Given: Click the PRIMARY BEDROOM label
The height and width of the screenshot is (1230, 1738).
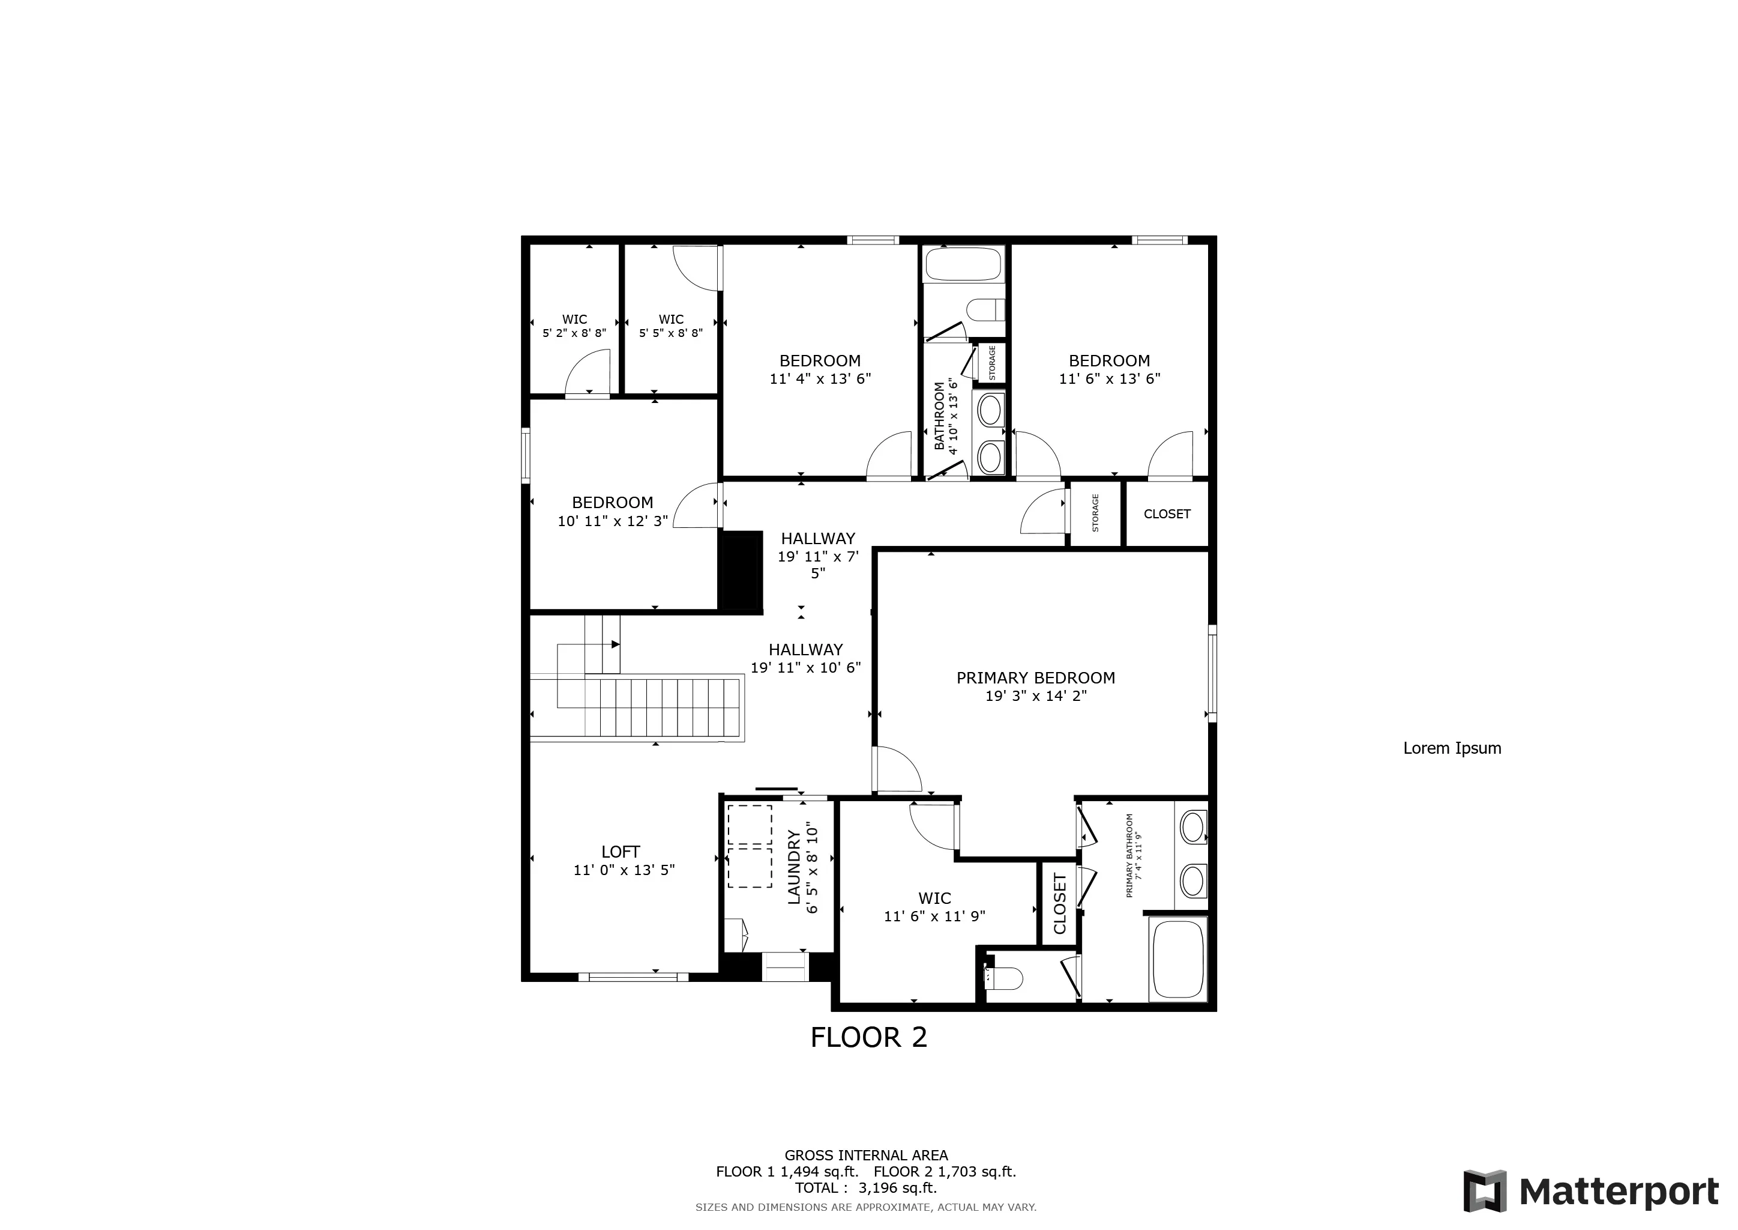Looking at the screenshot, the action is coord(1035,678).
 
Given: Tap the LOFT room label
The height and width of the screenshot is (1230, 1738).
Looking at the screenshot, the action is coord(621,852).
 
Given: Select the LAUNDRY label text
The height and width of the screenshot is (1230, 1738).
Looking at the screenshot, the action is coord(794,867).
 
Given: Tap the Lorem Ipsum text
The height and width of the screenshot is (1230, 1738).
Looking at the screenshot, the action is coord(1452,748).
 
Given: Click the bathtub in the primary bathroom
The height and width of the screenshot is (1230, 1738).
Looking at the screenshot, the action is coord(1177,959).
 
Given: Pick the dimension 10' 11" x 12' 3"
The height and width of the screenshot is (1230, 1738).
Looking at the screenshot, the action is coord(612,521).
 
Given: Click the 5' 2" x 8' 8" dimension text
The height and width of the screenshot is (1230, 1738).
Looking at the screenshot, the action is coord(574,333).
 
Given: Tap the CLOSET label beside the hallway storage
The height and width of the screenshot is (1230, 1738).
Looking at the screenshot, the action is coord(1167,514).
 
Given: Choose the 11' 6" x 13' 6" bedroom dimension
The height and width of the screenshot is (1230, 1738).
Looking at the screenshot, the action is coord(1110,379).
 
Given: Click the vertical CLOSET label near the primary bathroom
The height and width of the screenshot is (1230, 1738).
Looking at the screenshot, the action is coord(1059,903).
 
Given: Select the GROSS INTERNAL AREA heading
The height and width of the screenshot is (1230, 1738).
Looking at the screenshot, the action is coord(866,1156).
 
